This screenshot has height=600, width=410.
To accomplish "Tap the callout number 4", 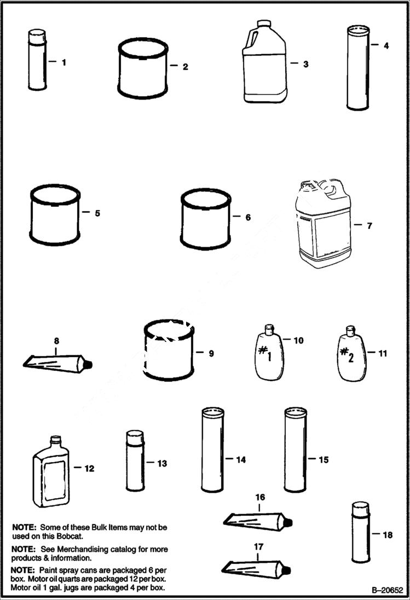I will tap(386, 46).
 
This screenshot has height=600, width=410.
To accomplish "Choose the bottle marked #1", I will tap(269, 352).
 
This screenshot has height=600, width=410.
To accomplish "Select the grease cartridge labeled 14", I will tap(212, 450).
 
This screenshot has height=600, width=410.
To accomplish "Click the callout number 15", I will tap(324, 460).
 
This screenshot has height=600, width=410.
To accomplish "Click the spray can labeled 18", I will tap(360, 533).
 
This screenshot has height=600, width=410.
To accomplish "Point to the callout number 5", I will tap(97, 213).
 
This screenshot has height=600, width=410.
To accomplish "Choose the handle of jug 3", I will tap(253, 39).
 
